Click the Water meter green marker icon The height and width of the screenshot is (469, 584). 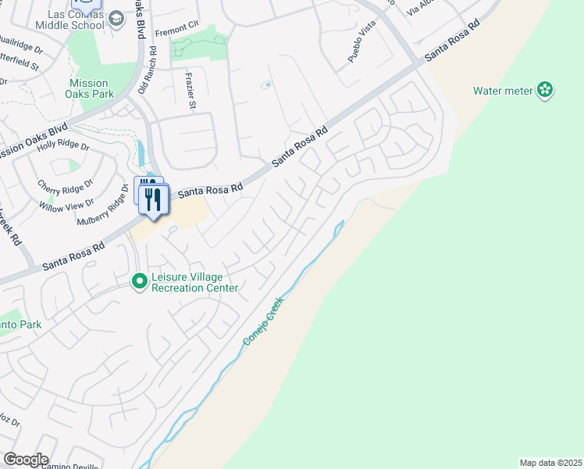pos(545,91)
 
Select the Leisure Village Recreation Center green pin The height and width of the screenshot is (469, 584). pos(140,280)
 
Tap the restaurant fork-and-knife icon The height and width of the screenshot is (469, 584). pos(153,199)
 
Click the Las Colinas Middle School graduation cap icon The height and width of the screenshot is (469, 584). pos(116,18)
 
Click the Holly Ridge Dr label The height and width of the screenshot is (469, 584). pos(63,145)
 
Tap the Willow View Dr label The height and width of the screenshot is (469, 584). pos(66,206)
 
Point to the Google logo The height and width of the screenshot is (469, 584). pos(26,460)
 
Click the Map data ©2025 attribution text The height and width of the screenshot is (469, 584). pos(550,463)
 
